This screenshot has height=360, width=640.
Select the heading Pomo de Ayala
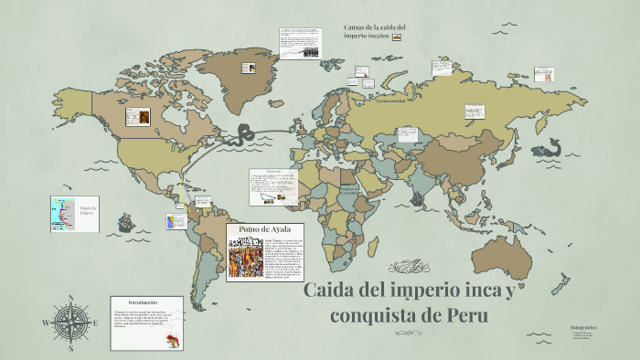264,228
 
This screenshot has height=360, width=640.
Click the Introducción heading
144,302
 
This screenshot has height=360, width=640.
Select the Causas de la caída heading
375,31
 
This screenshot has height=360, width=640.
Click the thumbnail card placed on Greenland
301,44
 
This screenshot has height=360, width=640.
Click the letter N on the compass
70,297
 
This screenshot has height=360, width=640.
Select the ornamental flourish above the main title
406,267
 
